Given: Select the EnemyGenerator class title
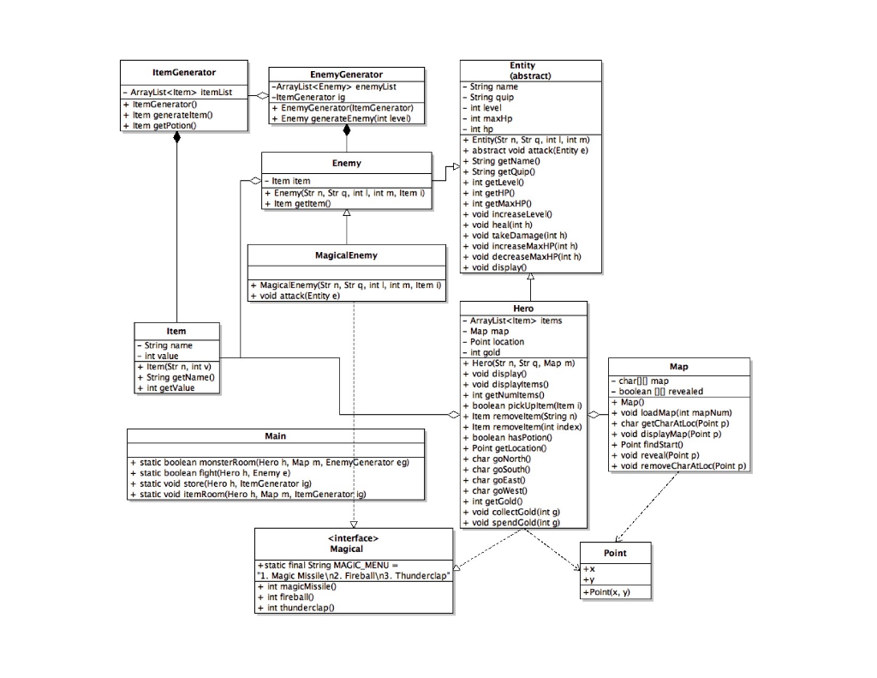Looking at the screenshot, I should point(346,75).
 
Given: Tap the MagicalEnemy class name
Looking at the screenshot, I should point(346,255).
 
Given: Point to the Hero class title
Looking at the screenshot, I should point(523,309).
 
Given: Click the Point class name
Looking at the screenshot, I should point(615,553).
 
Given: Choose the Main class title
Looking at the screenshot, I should point(275,435).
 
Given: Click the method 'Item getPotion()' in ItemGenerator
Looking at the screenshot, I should point(164,125).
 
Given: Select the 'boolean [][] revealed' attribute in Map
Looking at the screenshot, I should point(660,391).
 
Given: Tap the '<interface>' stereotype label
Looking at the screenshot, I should point(353,537).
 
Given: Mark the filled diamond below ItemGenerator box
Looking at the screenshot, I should point(177,137).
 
